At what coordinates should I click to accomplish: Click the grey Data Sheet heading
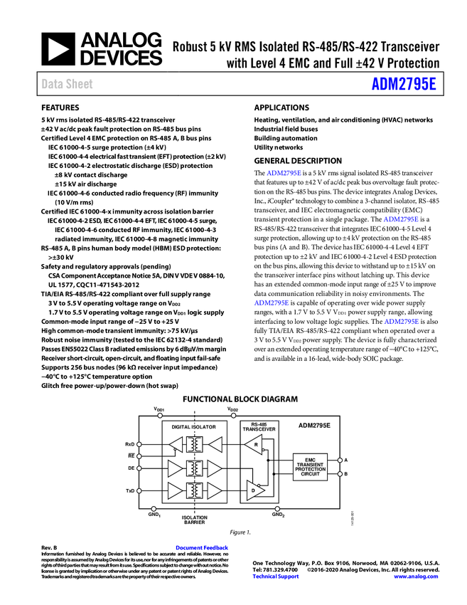[68, 84]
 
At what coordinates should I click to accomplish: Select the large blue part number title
[403, 84]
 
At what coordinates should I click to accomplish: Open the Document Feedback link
[203, 547]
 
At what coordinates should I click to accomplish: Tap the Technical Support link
[276, 577]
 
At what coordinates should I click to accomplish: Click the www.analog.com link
[416, 577]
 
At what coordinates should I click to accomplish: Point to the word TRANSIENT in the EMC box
[310, 465]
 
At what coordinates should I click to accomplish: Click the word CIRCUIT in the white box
[310, 474]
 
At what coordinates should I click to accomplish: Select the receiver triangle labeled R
[254, 444]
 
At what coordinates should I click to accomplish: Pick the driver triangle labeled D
[254, 490]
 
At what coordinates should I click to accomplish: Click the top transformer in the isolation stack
[194, 445]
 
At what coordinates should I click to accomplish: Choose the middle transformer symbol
[194, 468]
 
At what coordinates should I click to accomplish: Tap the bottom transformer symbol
[194, 490]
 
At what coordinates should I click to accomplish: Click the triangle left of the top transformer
[176, 445]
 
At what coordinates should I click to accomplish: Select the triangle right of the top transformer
[215, 445]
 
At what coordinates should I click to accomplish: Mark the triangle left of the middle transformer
[174, 468]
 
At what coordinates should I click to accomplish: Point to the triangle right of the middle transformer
[214, 468]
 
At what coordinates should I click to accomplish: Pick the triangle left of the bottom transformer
[174, 490]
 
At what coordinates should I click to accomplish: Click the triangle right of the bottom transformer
[214, 490]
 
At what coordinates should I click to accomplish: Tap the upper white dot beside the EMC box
[340, 460]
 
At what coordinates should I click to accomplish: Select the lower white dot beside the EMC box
[340, 473]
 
